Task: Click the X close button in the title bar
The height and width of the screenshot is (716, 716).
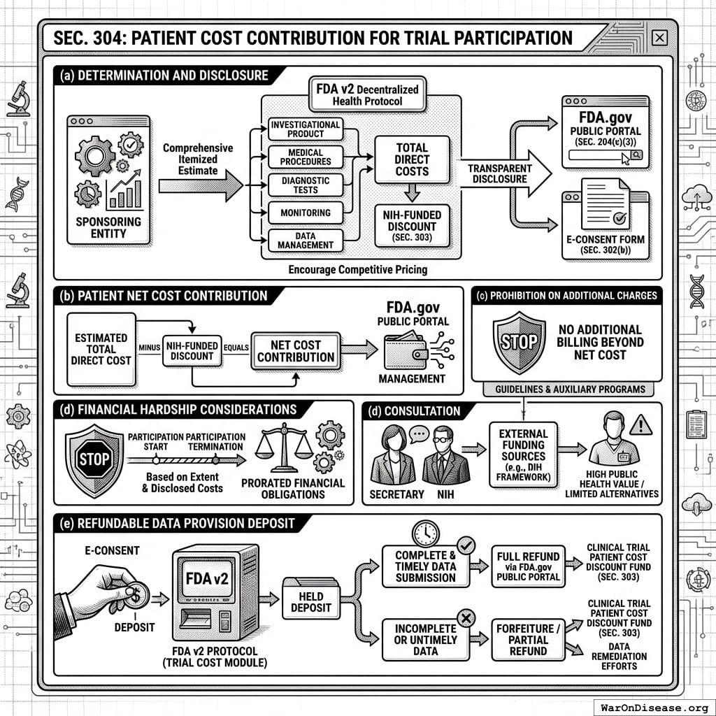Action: pyautogui.click(x=658, y=38)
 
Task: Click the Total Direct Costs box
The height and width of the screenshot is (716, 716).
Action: pyautogui.click(x=412, y=159)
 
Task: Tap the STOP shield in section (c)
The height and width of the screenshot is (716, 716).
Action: pyautogui.click(x=520, y=342)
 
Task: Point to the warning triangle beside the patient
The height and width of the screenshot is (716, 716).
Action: pyautogui.click(x=640, y=424)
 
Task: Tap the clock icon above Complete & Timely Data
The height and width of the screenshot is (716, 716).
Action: pyautogui.click(x=424, y=532)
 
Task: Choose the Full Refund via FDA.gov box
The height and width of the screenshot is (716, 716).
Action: pyautogui.click(x=528, y=566)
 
